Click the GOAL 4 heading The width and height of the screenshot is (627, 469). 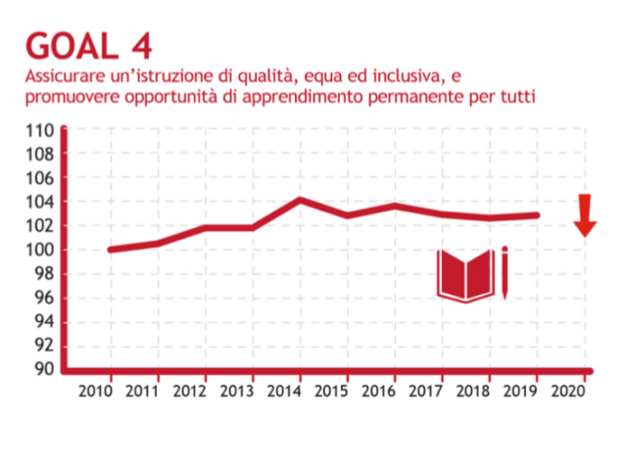pyautogui.click(x=89, y=45)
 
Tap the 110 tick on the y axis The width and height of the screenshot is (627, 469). pyautogui.click(x=40, y=130)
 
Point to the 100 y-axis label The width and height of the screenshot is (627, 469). pyautogui.click(x=40, y=250)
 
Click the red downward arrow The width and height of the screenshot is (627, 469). pyautogui.click(x=585, y=215)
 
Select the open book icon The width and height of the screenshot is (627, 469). pyautogui.click(x=465, y=275)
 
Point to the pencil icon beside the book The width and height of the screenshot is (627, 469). pyautogui.click(x=505, y=272)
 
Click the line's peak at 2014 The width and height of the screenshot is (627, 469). pyautogui.click(x=300, y=200)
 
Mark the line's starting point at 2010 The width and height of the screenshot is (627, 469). pyautogui.click(x=110, y=250)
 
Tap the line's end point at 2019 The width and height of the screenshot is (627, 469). pyautogui.click(x=538, y=215)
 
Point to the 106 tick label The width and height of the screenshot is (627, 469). pyautogui.click(x=40, y=178)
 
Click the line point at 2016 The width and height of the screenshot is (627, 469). pyautogui.click(x=395, y=205)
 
